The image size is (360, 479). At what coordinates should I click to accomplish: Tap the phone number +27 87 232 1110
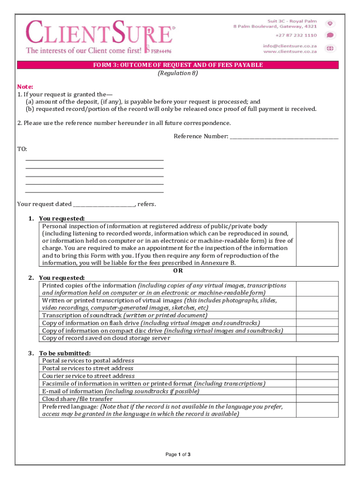click(295, 35)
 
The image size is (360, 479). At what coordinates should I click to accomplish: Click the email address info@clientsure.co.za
click(289, 46)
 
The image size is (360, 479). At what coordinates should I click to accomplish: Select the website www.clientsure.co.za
click(290, 51)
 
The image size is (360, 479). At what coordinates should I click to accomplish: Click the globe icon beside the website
click(330, 48)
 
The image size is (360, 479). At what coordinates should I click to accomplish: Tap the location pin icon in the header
click(330, 23)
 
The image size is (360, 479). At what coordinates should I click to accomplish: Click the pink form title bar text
click(178, 65)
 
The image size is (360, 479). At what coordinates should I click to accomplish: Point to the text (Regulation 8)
click(178, 73)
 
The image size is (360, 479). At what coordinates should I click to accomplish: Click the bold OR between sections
click(178, 270)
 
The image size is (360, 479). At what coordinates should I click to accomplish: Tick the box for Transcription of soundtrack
click(317, 315)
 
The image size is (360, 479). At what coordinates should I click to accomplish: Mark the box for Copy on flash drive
click(317, 323)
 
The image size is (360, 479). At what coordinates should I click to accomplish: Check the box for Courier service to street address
click(317, 376)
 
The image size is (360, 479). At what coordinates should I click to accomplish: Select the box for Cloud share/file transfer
click(317, 399)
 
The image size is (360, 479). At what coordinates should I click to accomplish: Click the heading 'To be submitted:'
click(65, 353)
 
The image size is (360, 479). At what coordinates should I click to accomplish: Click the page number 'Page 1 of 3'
click(178, 454)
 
